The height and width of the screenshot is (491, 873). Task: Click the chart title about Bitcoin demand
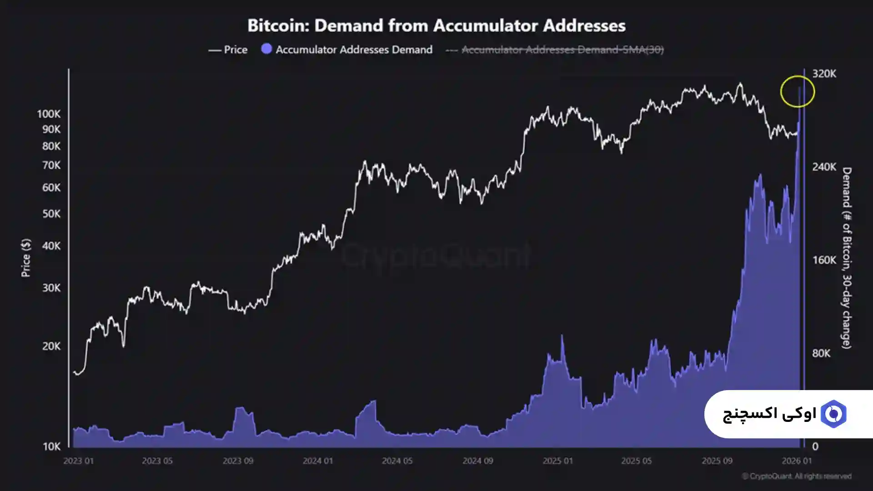(436, 25)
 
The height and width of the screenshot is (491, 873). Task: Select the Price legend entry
(228, 50)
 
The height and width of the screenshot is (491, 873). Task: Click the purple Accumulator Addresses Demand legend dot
(266, 49)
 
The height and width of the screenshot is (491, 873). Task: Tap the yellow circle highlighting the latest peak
(797, 91)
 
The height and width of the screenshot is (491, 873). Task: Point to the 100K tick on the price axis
(49, 114)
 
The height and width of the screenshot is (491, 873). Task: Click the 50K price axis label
(51, 214)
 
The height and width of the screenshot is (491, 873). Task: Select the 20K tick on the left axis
(51, 346)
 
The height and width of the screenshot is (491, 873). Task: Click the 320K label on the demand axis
(824, 74)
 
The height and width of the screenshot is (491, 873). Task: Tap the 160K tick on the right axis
(824, 260)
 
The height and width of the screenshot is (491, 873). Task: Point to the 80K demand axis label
(821, 353)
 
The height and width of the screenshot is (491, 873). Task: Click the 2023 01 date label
(78, 461)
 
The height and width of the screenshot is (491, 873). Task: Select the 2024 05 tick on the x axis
(397, 461)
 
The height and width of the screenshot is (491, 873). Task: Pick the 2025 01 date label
(557, 461)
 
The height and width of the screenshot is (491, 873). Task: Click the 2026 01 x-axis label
(797, 461)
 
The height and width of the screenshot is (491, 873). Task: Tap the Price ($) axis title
(26, 258)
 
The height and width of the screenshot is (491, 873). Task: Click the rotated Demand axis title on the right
(846, 258)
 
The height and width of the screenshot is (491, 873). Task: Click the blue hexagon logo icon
(833, 414)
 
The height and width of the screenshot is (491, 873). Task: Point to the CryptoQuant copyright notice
(797, 476)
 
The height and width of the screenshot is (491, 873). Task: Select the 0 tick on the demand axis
(815, 446)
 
